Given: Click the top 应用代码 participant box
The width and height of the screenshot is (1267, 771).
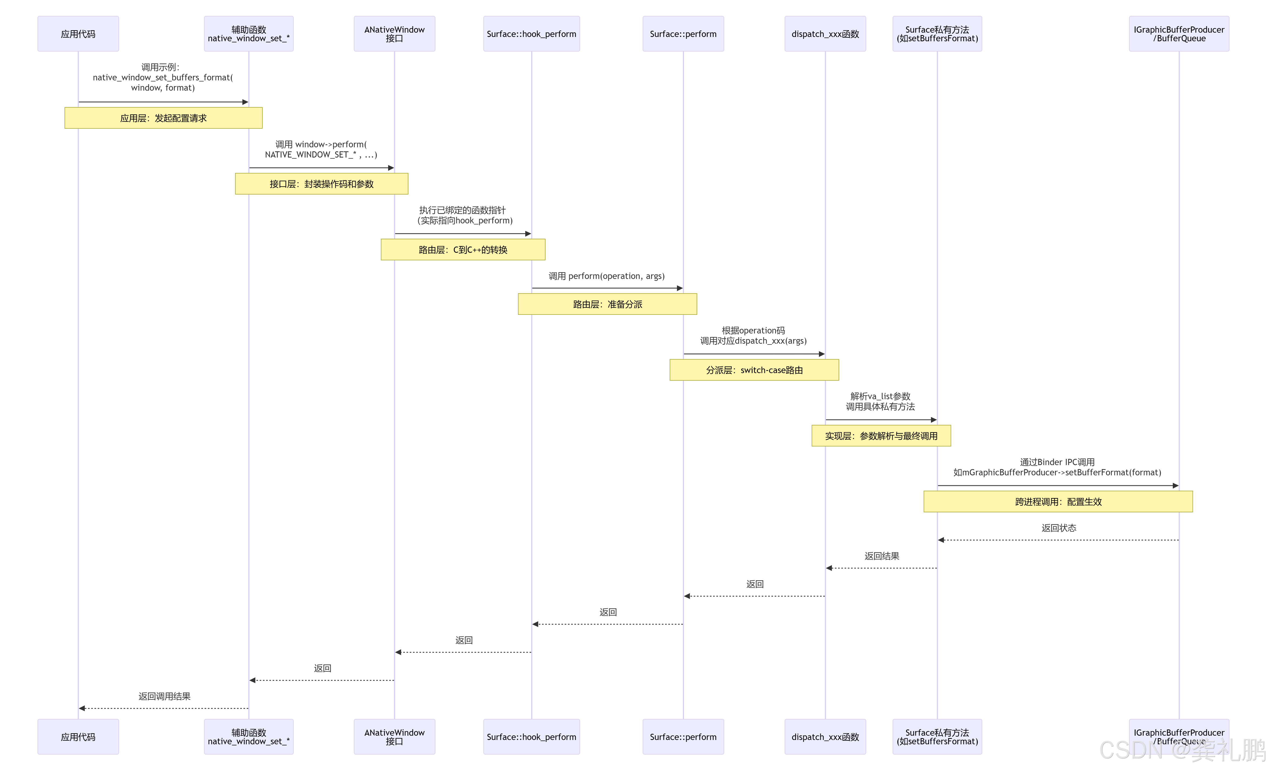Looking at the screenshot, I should (78, 34).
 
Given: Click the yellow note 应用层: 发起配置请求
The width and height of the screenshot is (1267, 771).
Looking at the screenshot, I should (164, 118).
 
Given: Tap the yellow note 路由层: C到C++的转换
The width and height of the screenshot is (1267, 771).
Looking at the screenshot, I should (463, 250).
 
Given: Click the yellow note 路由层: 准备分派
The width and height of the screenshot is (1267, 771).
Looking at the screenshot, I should (607, 304).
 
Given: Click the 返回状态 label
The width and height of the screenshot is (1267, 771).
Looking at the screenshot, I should (1059, 528).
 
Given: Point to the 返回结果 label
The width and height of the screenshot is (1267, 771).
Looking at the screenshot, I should (881, 556).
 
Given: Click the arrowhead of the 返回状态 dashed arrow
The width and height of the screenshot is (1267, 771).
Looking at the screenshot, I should (941, 540).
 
